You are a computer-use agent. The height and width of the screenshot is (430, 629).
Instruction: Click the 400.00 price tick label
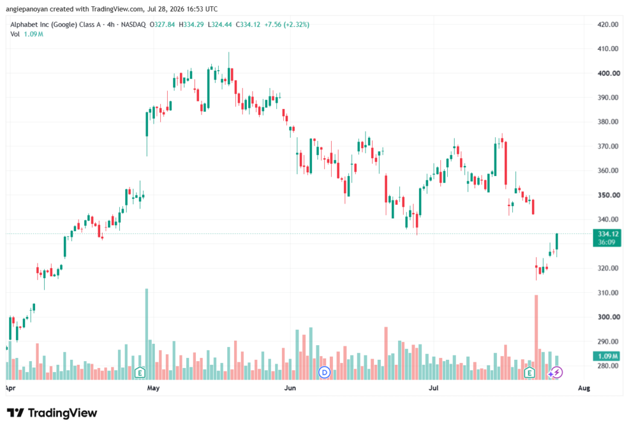608,73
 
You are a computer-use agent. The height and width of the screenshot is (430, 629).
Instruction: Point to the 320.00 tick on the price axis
608,268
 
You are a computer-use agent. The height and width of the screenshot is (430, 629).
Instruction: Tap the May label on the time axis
153,388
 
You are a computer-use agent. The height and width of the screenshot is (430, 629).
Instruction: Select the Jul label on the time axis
433,388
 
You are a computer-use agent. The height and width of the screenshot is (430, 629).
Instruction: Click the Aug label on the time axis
584,388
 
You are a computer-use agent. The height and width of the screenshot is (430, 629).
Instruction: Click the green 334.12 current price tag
607,238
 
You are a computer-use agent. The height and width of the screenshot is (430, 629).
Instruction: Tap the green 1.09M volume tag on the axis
607,356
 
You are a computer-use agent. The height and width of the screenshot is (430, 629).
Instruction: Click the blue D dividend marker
324,373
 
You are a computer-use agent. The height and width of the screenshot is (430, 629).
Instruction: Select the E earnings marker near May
139,373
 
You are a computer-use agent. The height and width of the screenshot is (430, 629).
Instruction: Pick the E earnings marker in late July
529,373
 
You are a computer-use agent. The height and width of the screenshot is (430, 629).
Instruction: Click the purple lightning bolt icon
557,373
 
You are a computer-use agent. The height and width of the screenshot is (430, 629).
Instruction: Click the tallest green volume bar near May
146,334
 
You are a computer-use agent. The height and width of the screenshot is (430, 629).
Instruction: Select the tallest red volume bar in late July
536,337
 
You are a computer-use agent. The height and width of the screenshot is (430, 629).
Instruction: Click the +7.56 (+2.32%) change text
287,25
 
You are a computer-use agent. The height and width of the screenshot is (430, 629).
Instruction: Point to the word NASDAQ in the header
133,25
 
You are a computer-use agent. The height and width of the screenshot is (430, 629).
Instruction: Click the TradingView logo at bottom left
52,413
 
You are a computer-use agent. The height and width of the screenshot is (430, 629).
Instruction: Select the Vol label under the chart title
15,34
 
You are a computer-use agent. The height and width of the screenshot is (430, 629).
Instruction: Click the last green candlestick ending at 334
557,242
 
